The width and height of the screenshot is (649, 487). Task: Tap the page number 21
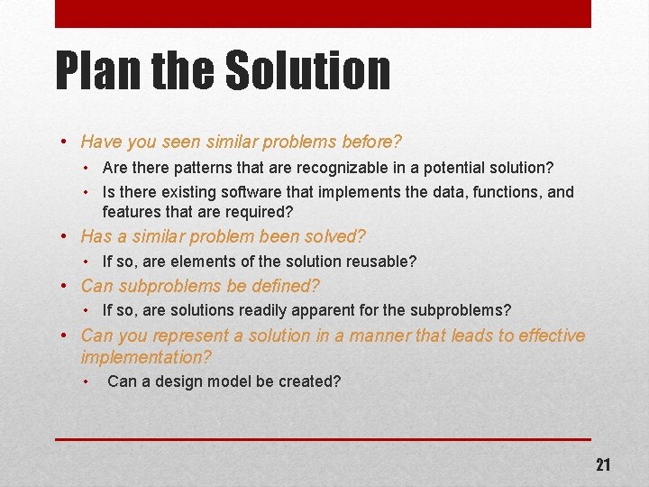[x=602, y=464]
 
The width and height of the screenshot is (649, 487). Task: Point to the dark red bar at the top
[x=323, y=14]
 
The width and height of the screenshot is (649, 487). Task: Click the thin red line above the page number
[x=323, y=439]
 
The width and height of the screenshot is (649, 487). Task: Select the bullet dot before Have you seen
[x=65, y=142]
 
